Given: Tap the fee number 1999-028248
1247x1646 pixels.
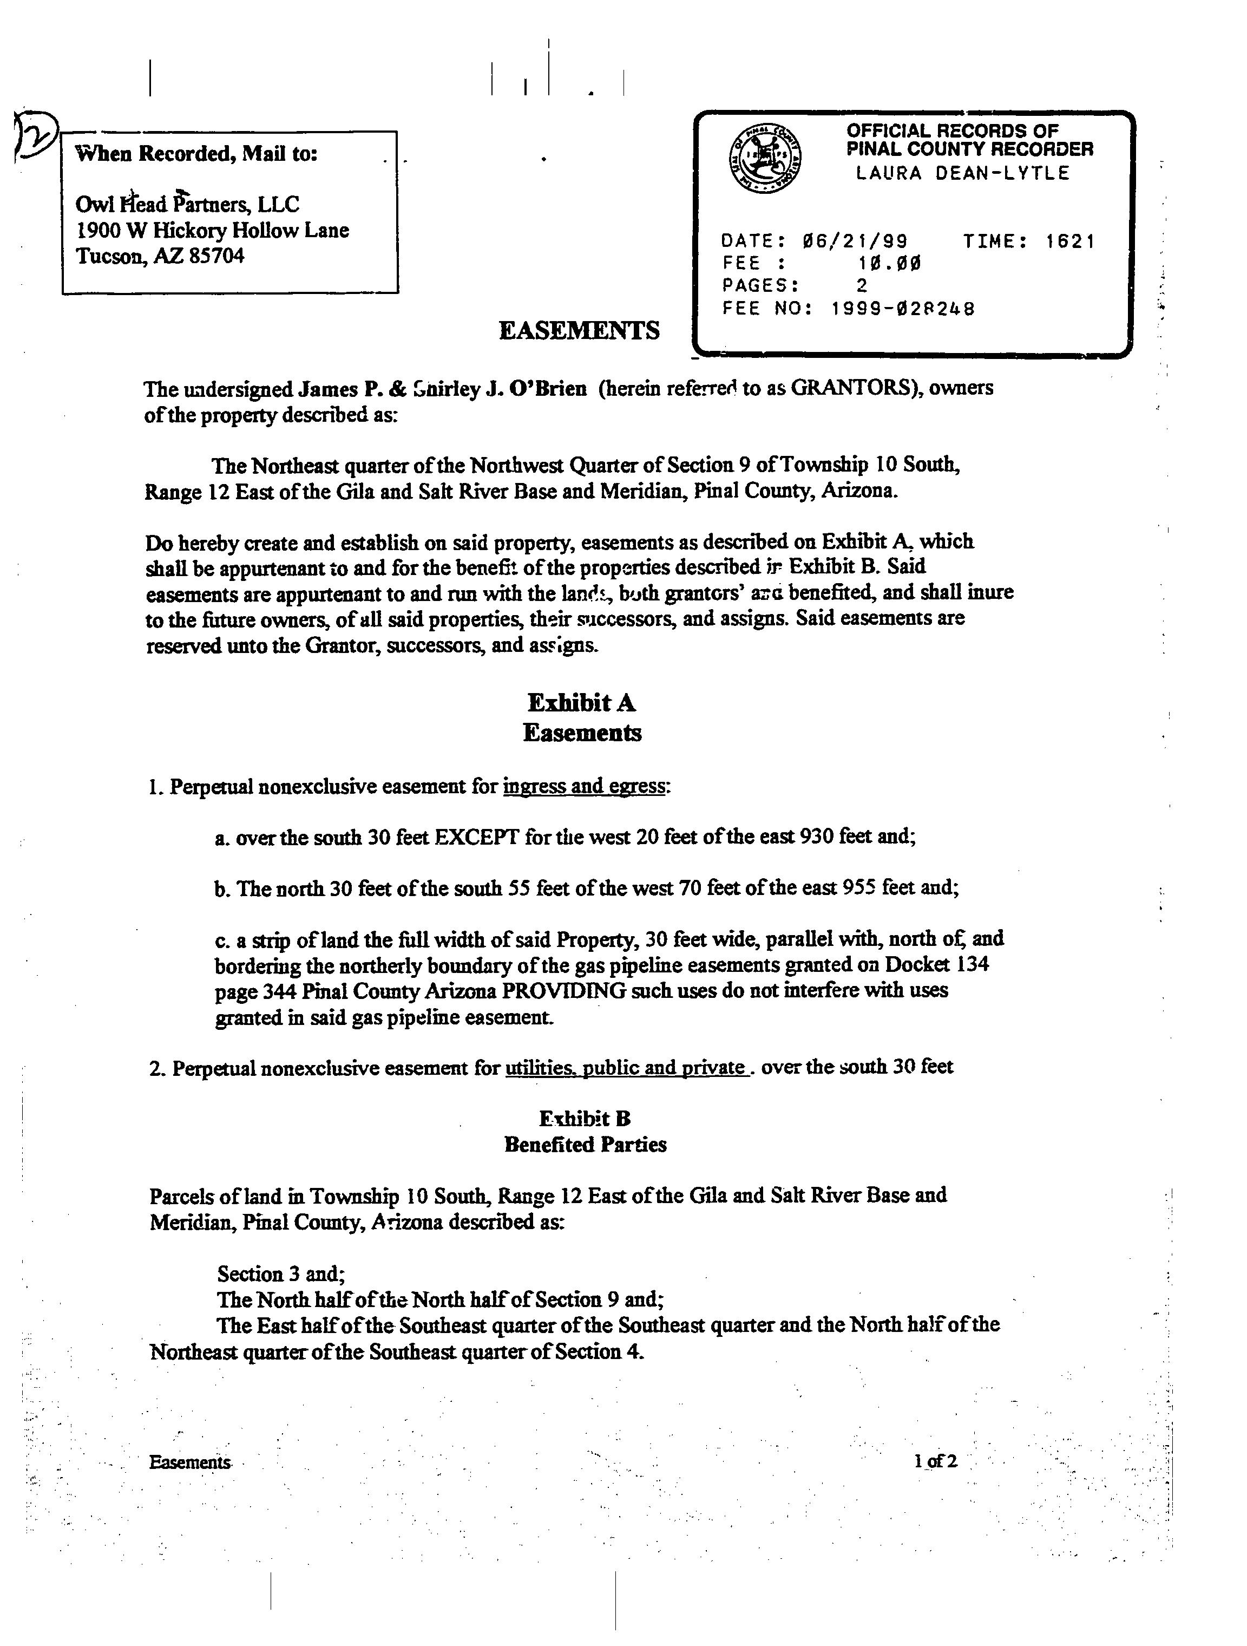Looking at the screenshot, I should point(902,309).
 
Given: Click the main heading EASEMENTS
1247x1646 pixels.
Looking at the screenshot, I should point(579,330).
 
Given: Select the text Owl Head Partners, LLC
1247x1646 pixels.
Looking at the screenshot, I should point(187,204).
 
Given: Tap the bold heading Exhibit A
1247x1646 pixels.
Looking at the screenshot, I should point(581,702).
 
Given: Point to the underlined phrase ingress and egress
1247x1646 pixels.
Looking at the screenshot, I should point(584,787).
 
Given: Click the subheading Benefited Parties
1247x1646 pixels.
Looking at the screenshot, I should point(585,1145).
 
